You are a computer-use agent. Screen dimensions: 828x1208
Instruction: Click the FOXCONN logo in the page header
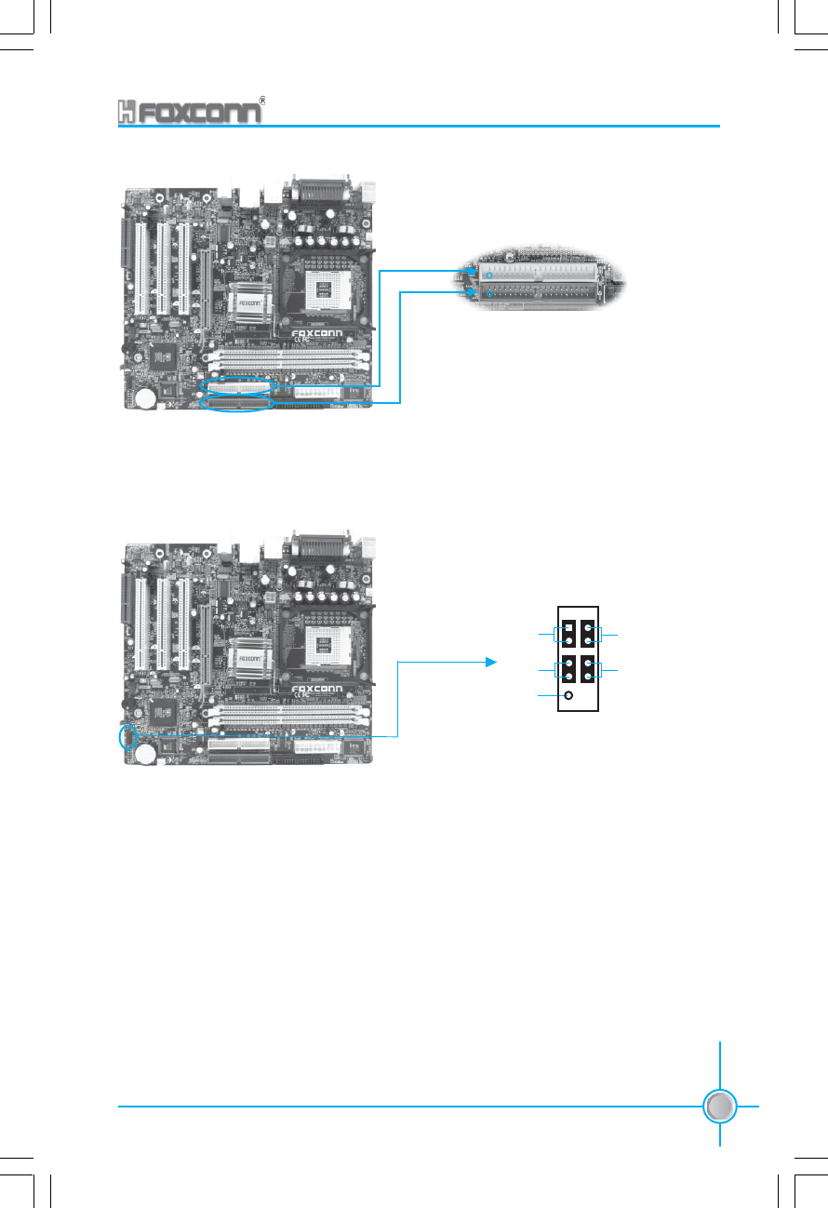click(190, 113)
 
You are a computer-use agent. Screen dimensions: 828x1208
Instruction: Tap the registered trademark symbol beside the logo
click(263, 98)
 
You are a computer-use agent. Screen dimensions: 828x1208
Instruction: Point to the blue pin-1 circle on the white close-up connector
click(488, 275)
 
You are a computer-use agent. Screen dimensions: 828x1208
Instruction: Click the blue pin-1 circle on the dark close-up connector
click(488, 295)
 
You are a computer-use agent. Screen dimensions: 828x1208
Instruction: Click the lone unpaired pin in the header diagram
click(568, 695)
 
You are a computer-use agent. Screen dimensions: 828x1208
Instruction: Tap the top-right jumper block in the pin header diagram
click(589, 635)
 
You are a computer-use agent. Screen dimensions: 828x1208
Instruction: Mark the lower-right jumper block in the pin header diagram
click(589, 669)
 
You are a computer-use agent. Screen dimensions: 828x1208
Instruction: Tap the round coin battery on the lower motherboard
click(145, 755)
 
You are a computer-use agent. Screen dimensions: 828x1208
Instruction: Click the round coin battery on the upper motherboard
click(145, 398)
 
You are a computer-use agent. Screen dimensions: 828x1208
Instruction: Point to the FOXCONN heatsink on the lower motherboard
click(247, 655)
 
